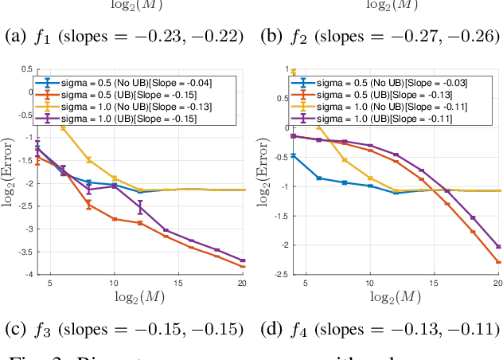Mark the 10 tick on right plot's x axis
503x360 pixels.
click(x=370, y=284)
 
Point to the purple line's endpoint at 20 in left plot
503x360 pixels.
click(x=243, y=260)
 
